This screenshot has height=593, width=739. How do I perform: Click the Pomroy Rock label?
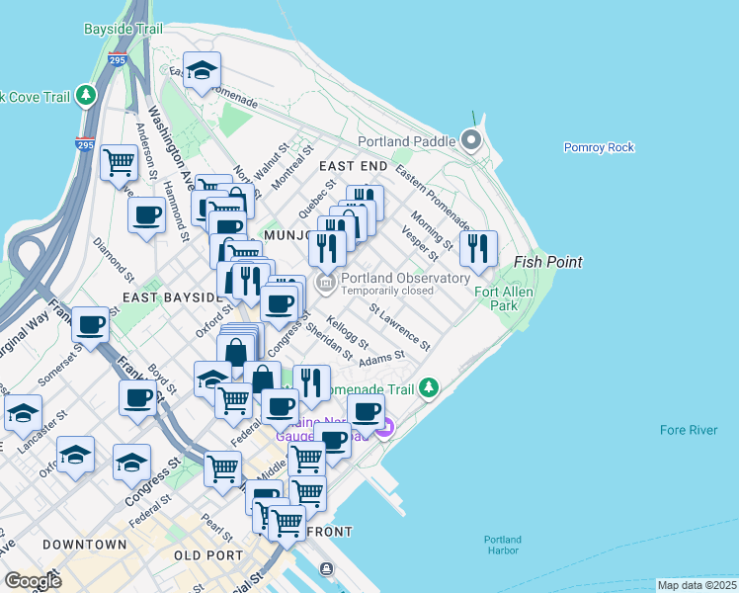pos(598,147)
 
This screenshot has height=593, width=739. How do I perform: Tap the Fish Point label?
pos(547,262)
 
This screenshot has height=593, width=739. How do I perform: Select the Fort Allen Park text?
pos(503,298)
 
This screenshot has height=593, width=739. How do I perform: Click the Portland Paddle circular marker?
pos(471,140)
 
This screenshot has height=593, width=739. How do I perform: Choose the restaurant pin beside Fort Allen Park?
pos(478,249)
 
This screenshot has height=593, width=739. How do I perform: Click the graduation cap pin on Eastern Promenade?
pos(203,70)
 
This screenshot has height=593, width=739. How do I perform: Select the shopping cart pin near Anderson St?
pos(120,161)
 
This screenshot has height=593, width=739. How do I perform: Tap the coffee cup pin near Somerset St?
pos(91,324)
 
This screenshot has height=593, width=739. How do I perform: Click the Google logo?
pos(33,581)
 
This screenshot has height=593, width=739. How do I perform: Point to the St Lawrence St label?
pos(400,327)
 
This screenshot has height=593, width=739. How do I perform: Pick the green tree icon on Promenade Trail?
pos(429,386)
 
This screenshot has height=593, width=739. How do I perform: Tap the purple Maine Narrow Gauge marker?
pos(385,428)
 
